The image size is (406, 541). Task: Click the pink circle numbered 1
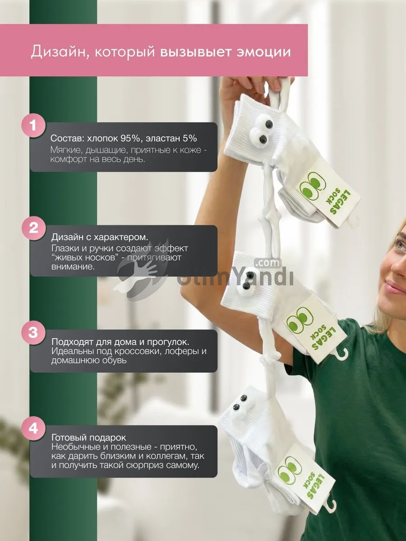pyautogui.click(x=33, y=125)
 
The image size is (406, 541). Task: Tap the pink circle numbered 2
pyautogui.click(x=33, y=228)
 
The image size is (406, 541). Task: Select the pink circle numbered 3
pyautogui.click(x=33, y=332)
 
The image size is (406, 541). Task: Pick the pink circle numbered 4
pyautogui.click(x=33, y=428)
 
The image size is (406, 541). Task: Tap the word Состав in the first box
pyautogui.click(x=66, y=138)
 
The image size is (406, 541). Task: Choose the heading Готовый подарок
pyautogui.click(x=88, y=438)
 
